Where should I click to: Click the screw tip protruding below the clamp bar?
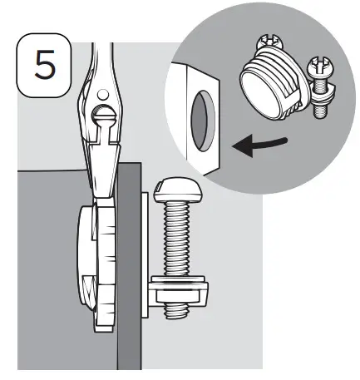[177, 308]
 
